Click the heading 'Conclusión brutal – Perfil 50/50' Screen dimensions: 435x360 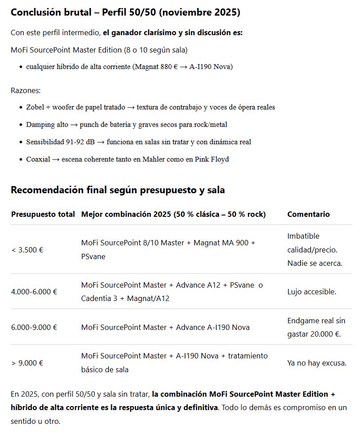coord(125,12)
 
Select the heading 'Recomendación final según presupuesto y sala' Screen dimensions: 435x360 coord(117,190)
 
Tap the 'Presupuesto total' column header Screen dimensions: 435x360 coord(43,214)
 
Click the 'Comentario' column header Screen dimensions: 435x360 coord(308,214)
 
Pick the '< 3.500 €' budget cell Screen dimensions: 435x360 coord(27,250)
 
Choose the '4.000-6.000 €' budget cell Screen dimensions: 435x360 coord(34,292)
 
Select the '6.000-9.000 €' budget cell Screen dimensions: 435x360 coord(34,327)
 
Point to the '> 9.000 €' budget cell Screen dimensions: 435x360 coord(27,363)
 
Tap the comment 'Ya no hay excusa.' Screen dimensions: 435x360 coord(317,363)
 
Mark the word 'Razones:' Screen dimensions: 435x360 coord(25,90)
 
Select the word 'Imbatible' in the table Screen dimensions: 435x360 coord(303,236)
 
